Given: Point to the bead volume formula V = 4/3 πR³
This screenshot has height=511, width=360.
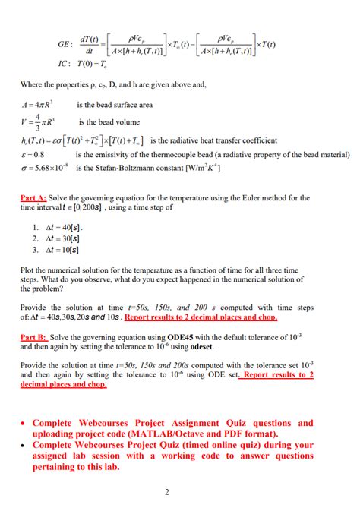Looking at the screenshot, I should (x=38, y=122).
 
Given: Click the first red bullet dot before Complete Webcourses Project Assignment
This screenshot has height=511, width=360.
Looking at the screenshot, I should (x=24, y=424).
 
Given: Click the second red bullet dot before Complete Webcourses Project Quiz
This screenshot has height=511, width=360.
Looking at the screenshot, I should (x=24, y=446).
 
